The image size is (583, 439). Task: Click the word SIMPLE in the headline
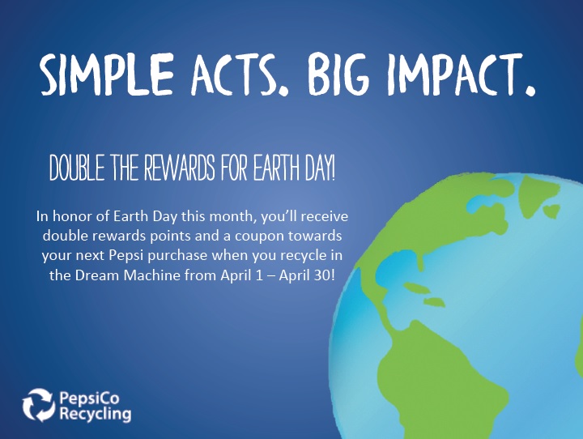pos(107,74)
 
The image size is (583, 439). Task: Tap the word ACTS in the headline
pos(240,75)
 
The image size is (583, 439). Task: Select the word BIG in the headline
pos(338,74)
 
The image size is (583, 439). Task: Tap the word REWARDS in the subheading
pos(179,168)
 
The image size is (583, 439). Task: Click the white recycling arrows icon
pos(39,405)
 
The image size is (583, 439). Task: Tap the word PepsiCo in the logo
pos(90,399)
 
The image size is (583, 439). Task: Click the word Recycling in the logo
pos(96,414)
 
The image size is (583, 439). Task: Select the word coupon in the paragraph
pos(259,237)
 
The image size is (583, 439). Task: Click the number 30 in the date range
pos(320,275)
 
